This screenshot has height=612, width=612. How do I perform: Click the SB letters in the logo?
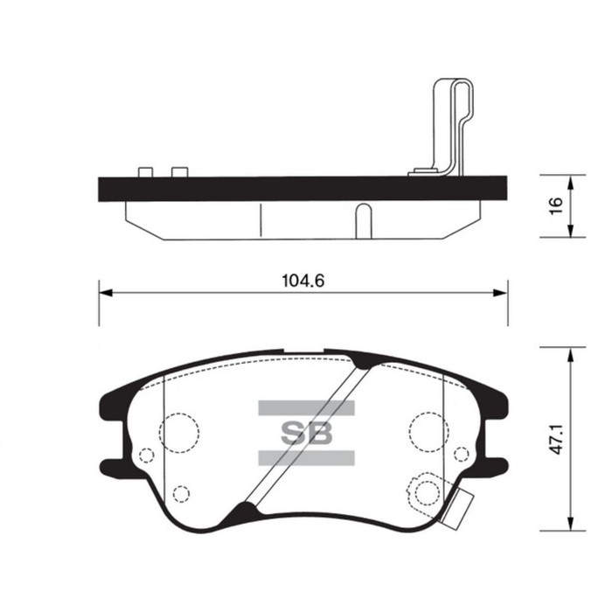pyautogui.click(x=306, y=432)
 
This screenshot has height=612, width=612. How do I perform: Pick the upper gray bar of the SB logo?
pyautogui.click(x=306, y=407)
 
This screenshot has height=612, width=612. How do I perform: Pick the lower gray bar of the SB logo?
pyautogui.click(x=306, y=457)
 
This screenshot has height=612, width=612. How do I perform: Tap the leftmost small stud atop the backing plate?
pyautogui.click(x=145, y=170)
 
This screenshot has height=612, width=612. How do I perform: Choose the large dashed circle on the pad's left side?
pyautogui.click(x=179, y=430)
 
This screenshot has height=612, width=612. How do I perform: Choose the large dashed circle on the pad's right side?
pyautogui.click(x=429, y=430)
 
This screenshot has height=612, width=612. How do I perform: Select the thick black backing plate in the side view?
pyautogui.click(x=302, y=188)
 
